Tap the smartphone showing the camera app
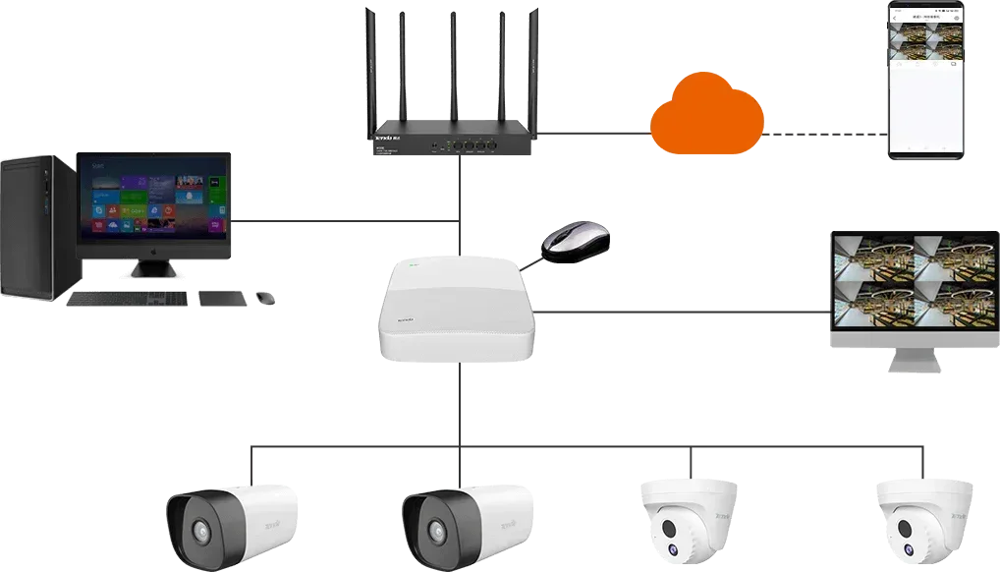[927, 79]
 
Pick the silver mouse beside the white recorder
[577, 243]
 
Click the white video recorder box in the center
[458, 310]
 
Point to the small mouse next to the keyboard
[263, 297]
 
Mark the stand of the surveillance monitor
[913, 363]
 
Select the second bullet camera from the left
[467, 521]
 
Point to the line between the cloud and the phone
[825, 127]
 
